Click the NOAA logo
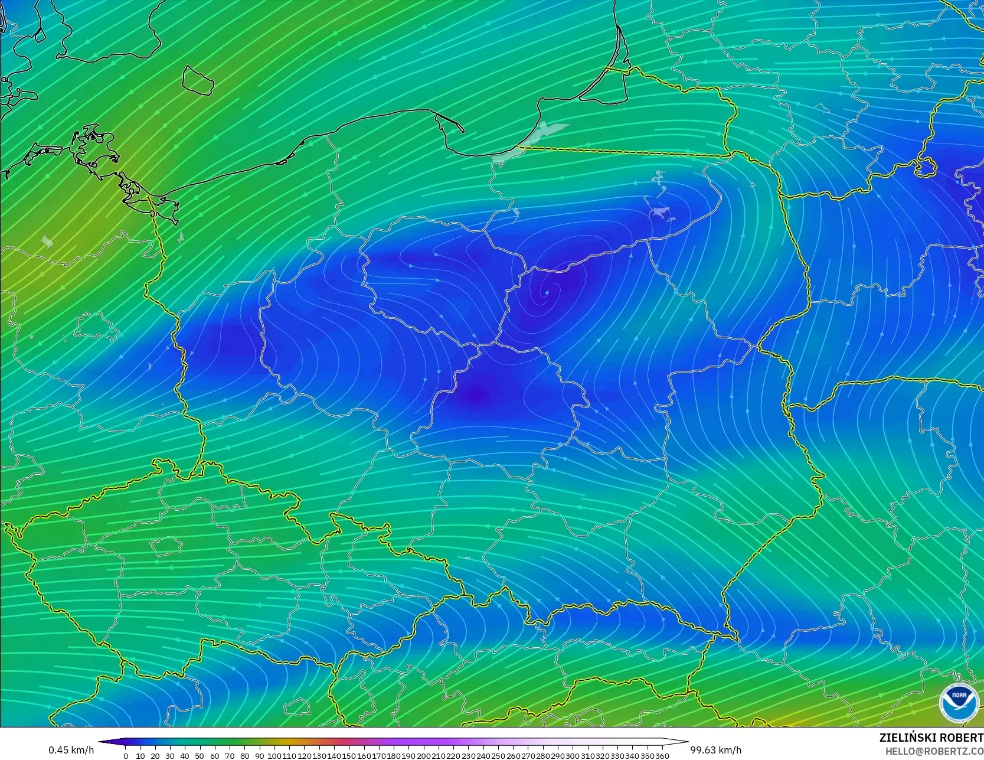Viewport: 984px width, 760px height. click(959, 703)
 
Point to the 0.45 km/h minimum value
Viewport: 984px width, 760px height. click(71, 750)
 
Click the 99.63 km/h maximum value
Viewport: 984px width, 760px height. click(715, 750)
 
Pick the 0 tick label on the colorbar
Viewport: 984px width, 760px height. click(126, 756)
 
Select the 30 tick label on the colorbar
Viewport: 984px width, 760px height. click(170, 756)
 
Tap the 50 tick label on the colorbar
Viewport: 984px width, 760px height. click(200, 756)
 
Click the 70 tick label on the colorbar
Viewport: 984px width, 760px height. click(230, 756)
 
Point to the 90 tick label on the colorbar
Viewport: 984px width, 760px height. click(259, 756)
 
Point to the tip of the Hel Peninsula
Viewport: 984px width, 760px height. click(461, 129)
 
